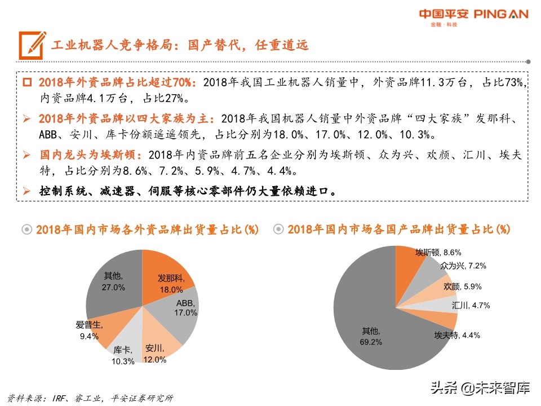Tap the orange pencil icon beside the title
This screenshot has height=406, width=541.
(32, 43)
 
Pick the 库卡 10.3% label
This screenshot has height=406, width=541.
(123, 355)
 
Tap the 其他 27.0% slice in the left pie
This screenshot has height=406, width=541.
(113, 281)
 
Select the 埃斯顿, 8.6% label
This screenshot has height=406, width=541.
(438, 252)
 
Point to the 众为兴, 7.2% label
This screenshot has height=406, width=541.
(463, 265)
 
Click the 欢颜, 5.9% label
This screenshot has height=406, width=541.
(463, 286)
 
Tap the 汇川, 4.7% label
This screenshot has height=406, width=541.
(471, 306)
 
